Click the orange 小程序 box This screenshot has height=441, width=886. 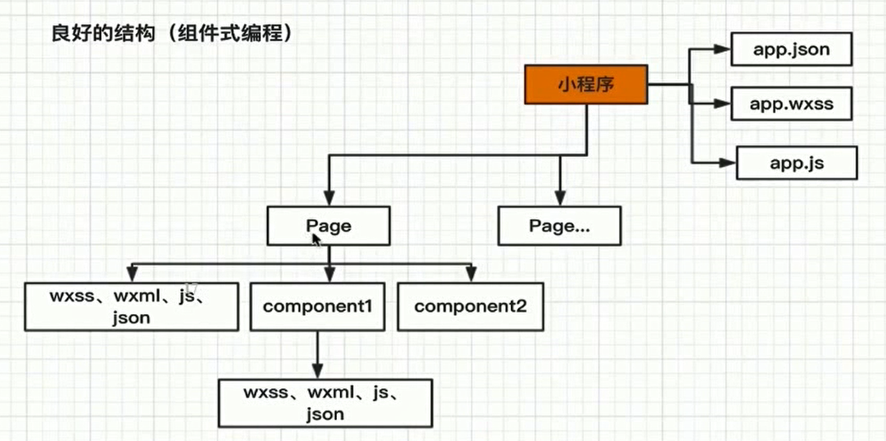586,84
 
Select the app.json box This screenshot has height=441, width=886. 791,49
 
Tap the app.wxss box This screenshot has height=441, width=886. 791,105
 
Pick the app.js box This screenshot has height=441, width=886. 796,162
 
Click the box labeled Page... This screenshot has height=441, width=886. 328,226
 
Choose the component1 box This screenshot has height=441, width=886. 317,306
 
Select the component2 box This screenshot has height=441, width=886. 469,306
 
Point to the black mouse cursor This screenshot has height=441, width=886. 316,241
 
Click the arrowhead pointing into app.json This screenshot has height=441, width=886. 722,49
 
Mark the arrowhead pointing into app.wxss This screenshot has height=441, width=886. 722,105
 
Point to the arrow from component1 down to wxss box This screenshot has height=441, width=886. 317,353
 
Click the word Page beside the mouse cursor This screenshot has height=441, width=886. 328,226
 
